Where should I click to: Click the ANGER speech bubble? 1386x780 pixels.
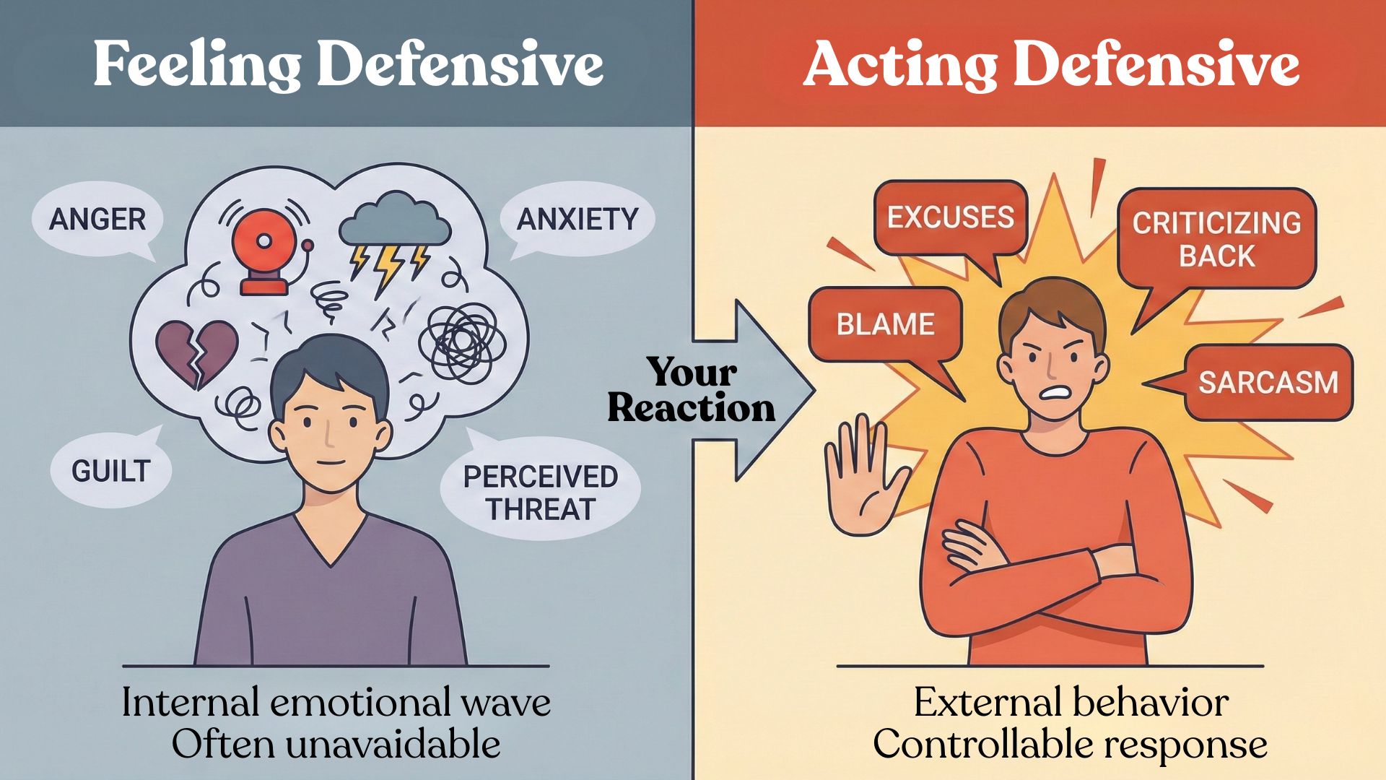97,219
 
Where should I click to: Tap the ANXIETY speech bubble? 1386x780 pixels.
577,219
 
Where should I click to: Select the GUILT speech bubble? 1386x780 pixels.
110,471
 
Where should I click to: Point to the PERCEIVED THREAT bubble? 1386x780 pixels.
540,493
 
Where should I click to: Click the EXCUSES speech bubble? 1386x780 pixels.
950,217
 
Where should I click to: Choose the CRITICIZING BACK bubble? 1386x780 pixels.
1216,239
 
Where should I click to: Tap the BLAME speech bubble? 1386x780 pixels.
885,324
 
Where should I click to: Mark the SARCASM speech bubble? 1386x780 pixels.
1268,382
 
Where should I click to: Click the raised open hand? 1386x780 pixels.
864,477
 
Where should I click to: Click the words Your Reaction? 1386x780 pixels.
692,391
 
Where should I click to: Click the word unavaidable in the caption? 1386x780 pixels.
393,745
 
